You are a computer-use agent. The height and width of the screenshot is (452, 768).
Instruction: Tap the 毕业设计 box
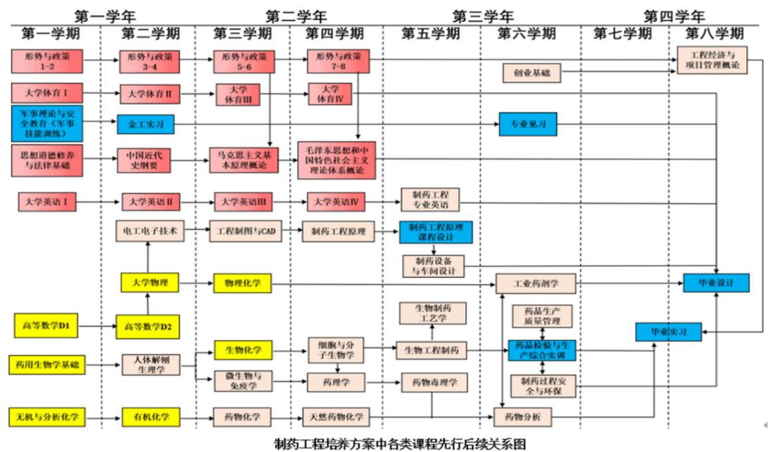(716, 283)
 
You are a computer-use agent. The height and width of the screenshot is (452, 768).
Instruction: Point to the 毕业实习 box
(668, 331)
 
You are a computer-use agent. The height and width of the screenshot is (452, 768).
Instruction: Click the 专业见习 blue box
(528, 124)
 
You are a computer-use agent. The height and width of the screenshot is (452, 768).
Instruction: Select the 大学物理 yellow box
(149, 283)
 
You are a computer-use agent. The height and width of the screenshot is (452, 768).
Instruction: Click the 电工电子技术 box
(149, 230)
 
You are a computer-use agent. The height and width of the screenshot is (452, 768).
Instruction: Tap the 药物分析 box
(523, 417)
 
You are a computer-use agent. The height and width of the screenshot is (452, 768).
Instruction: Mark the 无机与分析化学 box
(48, 417)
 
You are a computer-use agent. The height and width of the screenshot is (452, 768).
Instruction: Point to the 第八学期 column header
(714, 34)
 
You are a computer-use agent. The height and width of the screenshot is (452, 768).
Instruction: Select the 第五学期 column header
(430, 34)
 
